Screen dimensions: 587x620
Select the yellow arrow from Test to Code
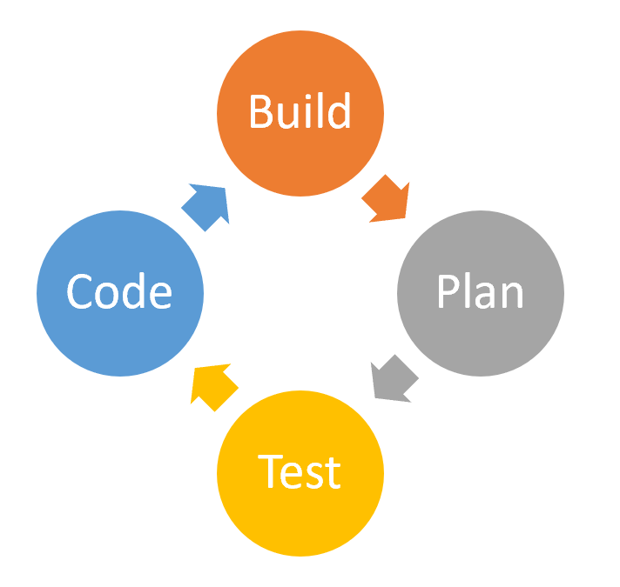point(213,386)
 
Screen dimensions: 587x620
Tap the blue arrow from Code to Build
point(206,207)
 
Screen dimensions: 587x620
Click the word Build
point(300,111)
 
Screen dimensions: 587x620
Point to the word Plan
point(481,292)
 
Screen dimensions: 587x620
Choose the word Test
point(300,471)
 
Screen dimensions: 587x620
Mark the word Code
point(120,292)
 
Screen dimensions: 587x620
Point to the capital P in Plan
point(448,293)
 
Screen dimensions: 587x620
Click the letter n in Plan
point(512,296)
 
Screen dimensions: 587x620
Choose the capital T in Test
point(270,472)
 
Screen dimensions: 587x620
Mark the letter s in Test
point(315,475)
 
